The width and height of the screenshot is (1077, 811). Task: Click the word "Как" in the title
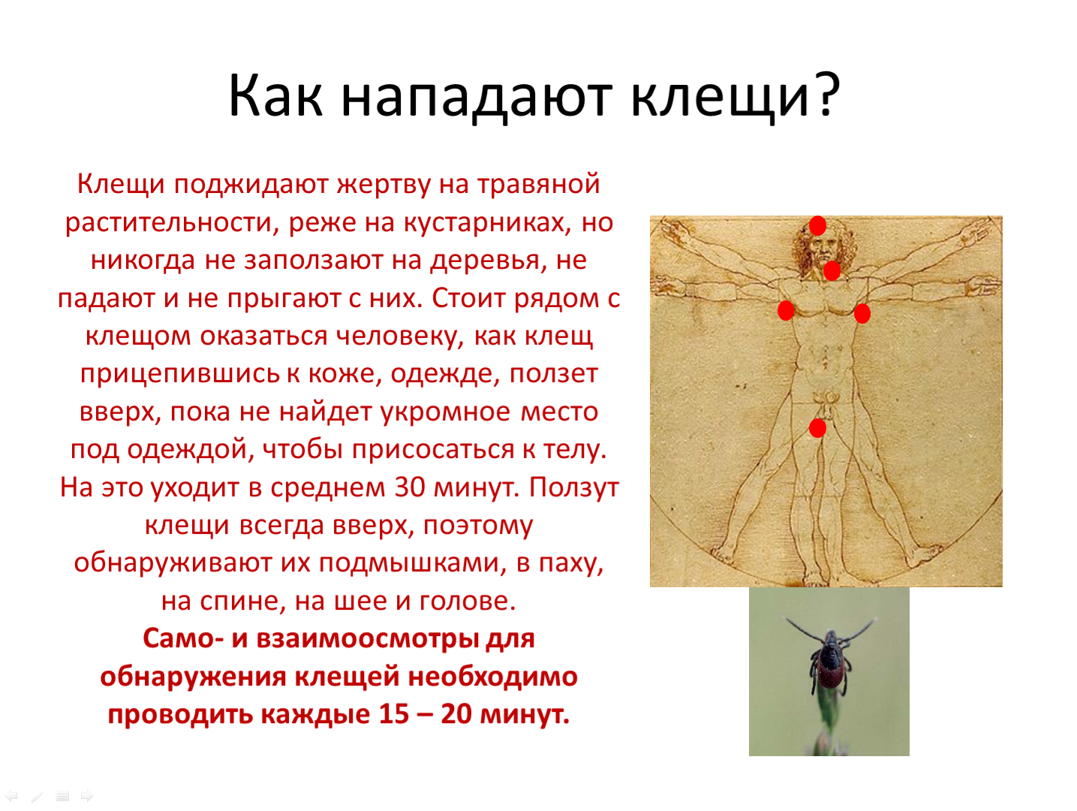[x=275, y=95]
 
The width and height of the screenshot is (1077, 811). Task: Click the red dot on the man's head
[x=817, y=226]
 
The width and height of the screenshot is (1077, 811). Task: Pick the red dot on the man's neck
[x=832, y=270]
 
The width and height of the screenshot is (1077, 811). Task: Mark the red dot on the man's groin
[x=817, y=428]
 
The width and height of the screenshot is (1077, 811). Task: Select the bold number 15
[x=394, y=715]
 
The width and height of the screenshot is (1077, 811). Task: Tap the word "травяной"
[x=539, y=185]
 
